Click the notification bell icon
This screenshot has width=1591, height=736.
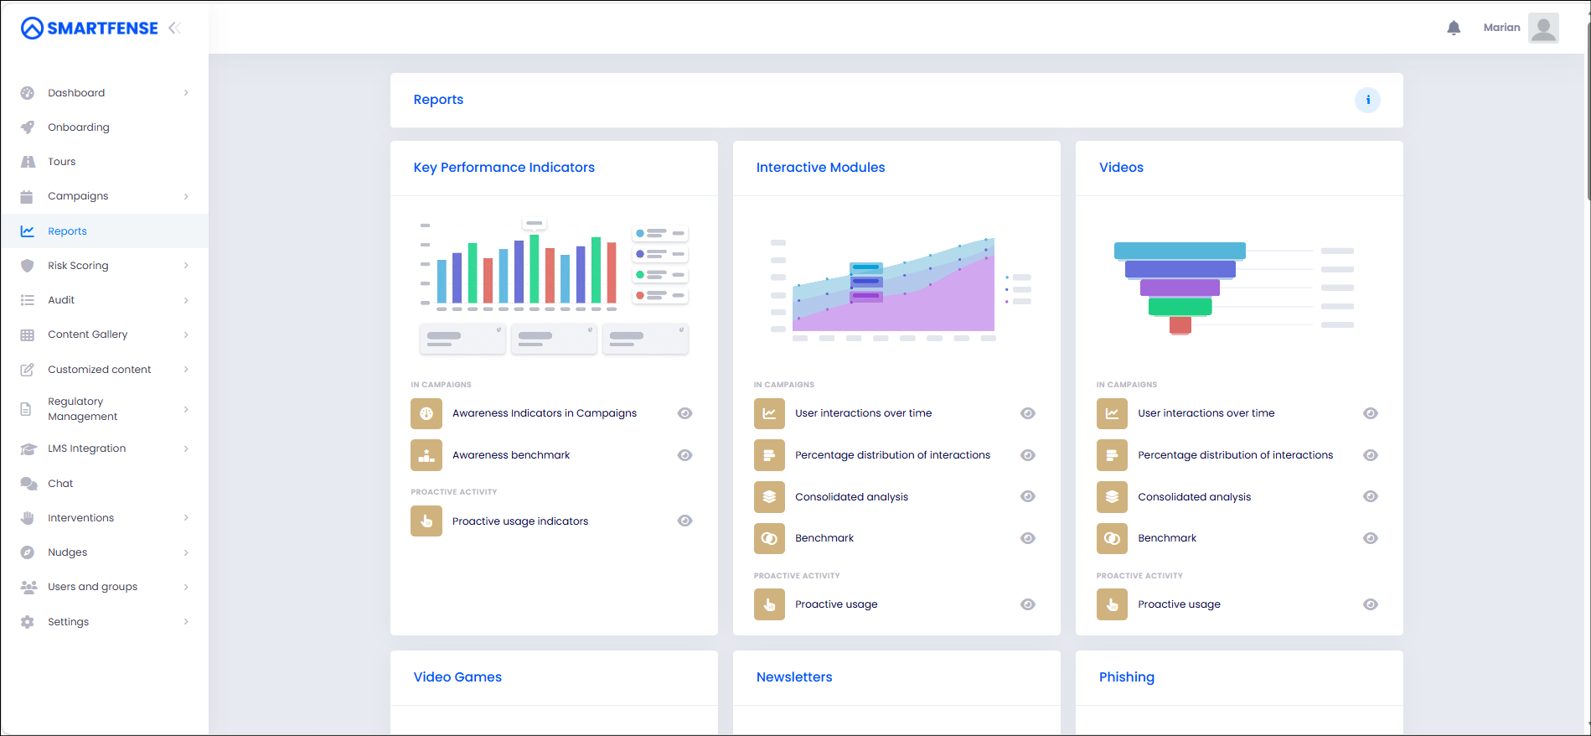pos(1454,28)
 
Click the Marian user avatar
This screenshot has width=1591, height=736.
pos(1543,28)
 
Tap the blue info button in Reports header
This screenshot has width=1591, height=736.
pos(1367,100)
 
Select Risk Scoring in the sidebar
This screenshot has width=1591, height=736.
pos(78,266)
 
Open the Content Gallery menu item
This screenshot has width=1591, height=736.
pos(88,334)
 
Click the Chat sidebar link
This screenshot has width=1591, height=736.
pos(60,484)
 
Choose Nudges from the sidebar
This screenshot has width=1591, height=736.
pos(67,552)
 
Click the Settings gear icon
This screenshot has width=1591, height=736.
pos(28,622)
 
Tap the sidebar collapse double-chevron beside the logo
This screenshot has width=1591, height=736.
pos(174,28)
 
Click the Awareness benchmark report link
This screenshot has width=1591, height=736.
pos(511,455)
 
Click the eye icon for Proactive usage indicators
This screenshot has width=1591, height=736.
pos(684,521)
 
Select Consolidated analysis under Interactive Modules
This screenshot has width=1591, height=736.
pos(851,497)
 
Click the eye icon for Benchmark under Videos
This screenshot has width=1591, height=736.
pos(1370,538)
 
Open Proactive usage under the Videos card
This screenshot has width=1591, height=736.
pos(1179,604)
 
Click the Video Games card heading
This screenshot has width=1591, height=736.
pos(457,677)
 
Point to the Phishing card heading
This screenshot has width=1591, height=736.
pos(1126,677)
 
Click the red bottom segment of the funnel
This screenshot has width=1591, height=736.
pos(1180,325)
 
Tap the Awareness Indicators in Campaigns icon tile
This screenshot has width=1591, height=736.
pos(426,413)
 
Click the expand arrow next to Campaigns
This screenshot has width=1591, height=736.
pos(186,196)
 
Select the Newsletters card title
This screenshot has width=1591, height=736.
pos(794,677)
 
